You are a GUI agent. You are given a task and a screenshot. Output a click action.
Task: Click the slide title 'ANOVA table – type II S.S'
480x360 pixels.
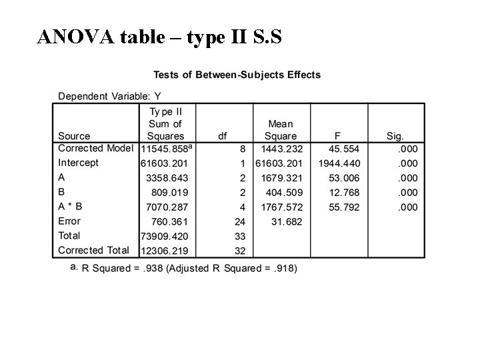click(160, 37)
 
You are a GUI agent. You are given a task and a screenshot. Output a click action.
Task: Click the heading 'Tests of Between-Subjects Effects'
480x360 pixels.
click(237, 74)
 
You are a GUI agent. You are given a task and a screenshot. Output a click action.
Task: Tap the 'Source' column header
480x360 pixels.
click(74, 136)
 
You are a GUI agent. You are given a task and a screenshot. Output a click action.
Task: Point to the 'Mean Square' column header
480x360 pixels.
click(281, 130)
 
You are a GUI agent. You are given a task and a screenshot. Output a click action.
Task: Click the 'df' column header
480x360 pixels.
click(222, 136)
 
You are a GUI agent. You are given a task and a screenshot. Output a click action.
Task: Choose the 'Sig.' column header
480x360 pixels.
click(395, 136)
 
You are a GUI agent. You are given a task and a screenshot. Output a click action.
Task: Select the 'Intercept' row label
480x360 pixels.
click(79, 163)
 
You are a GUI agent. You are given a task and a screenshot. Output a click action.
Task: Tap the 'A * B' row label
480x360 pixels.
click(70, 207)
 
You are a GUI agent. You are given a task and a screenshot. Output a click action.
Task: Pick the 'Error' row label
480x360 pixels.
click(69, 221)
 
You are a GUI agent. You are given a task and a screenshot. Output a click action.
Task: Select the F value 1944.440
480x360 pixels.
click(340, 163)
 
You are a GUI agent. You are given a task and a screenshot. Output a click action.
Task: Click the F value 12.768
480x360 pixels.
click(344, 193)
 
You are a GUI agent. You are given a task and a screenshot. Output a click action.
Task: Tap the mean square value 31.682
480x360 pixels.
click(287, 221)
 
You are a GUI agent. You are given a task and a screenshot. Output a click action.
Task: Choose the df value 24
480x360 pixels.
click(239, 221)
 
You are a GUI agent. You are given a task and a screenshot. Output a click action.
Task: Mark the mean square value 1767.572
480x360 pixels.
click(283, 207)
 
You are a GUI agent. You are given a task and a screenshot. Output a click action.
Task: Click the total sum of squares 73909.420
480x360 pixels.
click(164, 236)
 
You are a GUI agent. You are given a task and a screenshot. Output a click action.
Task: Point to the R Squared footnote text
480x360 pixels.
click(189, 268)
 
